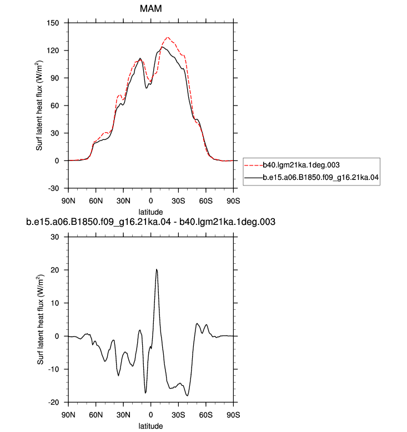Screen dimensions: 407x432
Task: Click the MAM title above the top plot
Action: (150, 8)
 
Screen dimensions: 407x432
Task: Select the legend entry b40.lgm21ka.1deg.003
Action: (301, 165)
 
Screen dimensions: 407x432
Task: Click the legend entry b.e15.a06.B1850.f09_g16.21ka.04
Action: (320, 177)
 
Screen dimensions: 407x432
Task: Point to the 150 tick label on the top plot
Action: (53, 23)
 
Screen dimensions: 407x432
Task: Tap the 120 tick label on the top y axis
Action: (53, 51)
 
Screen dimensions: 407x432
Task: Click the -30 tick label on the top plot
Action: (54, 188)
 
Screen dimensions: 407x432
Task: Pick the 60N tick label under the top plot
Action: (96, 201)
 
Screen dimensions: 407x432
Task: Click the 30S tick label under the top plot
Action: (178, 201)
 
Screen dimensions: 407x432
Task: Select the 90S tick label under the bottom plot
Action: (233, 415)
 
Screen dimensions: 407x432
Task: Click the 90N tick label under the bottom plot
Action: (68, 415)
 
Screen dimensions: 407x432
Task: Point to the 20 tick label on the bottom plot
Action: (55, 270)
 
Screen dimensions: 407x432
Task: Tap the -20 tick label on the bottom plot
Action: (54, 402)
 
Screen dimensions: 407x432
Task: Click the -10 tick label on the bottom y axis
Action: (54, 369)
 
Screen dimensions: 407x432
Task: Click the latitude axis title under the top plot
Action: (150, 212)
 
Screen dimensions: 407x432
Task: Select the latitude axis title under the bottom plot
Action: (150, 426)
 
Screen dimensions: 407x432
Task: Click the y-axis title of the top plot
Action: (39, 106)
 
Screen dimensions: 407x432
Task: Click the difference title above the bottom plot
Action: (150, 222)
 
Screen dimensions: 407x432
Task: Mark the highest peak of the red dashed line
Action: (168, 37)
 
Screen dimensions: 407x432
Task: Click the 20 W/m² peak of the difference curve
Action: (157, 269)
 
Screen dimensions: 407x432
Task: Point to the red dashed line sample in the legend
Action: (254, 165)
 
